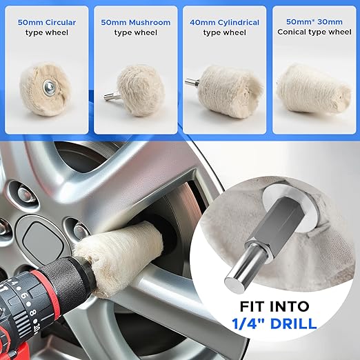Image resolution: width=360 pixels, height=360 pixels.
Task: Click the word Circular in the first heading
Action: tap(61, 23)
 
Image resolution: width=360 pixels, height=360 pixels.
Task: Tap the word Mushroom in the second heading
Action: tap(150, 23)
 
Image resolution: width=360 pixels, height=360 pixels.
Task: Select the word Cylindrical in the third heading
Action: tap(239, 23)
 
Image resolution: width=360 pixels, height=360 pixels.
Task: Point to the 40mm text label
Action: tap(203, 23)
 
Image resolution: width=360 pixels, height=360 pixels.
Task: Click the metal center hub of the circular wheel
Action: tap(49, 86)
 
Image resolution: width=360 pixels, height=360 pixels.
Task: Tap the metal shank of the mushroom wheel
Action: tap(111, 96)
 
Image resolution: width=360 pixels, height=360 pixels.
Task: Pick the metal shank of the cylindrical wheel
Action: tap(192, 81)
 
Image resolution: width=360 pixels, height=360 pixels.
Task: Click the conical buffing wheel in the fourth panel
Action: tap(314, 90)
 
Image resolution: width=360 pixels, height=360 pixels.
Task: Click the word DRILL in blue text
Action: tap(293, 323)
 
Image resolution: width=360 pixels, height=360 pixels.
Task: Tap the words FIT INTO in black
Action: tap(274, 306)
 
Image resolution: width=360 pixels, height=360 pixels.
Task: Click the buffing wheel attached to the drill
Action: tap(119, 249)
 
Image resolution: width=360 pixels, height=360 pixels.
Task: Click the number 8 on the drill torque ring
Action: tap(33, 312)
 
